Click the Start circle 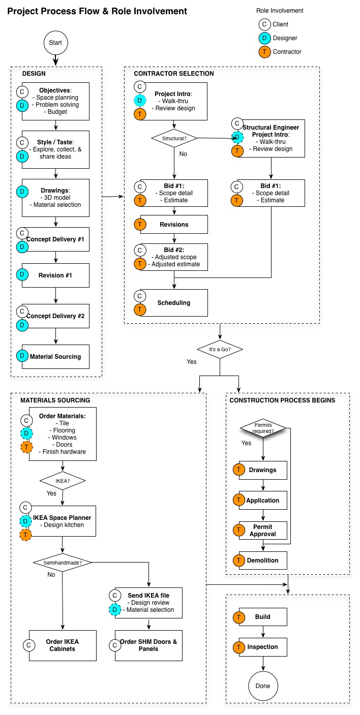pos(55,43)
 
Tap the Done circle pos(263,686)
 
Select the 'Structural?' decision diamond pos(174,138)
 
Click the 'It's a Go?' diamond pos(220,349)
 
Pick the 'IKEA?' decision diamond pos(63,481)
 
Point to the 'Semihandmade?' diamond pos(63,563)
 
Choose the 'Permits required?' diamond pos(263,428)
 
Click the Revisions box pos(174,225)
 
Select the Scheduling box pos(174,303)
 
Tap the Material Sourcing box pos(55,357)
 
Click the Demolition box pos(263,560)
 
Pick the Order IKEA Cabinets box pos(63,645)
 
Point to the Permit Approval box pos(263,530)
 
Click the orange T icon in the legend pos(264,52)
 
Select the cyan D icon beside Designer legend pos(264,38)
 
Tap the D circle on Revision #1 pos(22,274)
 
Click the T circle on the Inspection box pos(238,647)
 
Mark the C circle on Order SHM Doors pos(115,645)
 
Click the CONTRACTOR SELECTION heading pos(174,73)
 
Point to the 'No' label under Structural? pos(183,154)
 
